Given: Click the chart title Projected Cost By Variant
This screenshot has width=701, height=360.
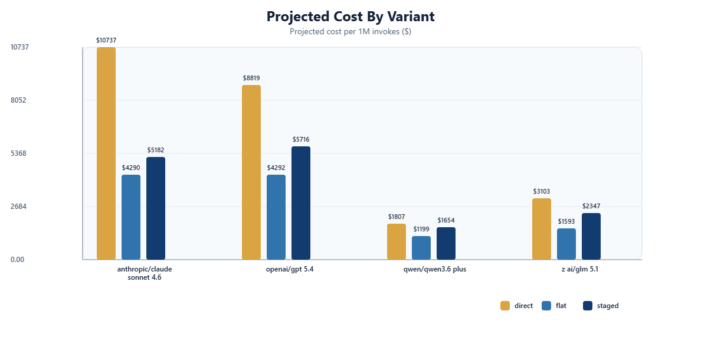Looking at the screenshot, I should coord(350,17).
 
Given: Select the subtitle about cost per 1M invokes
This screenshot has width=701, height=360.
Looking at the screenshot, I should coord(350,32).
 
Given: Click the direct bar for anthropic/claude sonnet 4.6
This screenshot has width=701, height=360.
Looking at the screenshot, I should coord(106,153).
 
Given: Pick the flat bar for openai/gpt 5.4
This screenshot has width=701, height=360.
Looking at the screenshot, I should coord(276,217).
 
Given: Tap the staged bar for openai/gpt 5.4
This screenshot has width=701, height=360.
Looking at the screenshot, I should coord(301,203).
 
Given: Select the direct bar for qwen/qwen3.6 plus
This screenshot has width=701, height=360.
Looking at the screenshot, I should coord(397,242).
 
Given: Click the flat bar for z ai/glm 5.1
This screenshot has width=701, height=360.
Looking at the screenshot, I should coord(566,244).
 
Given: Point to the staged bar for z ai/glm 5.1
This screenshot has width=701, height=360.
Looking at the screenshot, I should coord(591,237).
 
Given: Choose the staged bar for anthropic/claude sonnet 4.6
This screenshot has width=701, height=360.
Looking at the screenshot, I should coord(156,208).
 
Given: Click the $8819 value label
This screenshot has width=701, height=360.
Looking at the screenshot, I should coord(251,78).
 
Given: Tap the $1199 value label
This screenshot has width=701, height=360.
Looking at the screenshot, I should coord(421,229).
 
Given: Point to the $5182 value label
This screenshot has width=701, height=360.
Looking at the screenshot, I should coord(156,150).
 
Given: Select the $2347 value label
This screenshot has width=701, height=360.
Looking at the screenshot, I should coord(591,206).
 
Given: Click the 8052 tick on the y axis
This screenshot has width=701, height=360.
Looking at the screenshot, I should coord(18,100).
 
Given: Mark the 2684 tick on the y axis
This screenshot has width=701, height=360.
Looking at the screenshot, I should coord(18,207).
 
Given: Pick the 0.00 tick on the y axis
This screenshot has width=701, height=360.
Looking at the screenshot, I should coord(17,260).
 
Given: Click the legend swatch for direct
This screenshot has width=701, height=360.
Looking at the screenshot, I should coord(505,306).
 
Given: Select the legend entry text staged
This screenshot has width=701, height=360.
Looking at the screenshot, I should coord(608,306).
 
